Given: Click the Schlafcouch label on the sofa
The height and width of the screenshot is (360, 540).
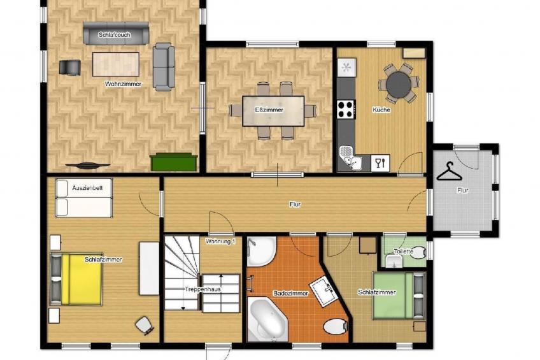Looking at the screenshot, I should (x=115, y=34).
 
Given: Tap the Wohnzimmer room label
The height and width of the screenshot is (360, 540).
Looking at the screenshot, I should (x=124, y=84).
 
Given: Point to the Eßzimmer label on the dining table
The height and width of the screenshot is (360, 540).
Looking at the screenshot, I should (x=269, y=110).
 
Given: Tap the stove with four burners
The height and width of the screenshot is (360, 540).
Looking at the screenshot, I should (x=346, y=110).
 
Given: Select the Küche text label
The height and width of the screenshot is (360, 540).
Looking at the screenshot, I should (x=381, y=110).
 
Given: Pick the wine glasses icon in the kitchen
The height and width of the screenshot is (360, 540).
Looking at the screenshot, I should (x=380, y=163).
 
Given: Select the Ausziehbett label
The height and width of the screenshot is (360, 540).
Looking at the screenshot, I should (x=83, y=188).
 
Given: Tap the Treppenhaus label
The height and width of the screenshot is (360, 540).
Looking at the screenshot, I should (x=202, y=289).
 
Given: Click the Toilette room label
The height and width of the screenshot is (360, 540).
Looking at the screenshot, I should (x=404, y=252).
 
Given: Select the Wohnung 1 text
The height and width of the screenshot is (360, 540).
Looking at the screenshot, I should (x=220, y=241).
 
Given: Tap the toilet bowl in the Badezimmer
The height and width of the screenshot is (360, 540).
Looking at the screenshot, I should (x=335, y=327).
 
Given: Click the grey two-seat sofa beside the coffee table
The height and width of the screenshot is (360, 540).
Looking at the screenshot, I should (x=163, y=66).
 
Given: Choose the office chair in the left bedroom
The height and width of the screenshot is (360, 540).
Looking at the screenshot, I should (x=145, y=325).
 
